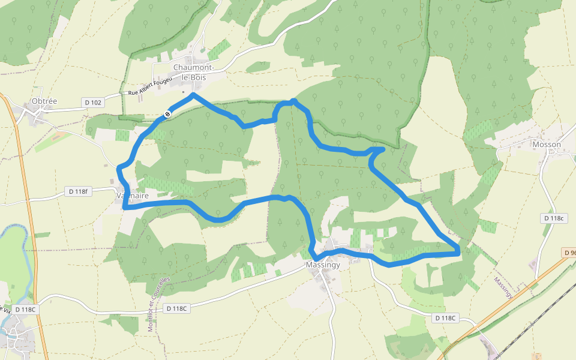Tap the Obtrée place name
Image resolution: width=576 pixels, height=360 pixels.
[44, 101]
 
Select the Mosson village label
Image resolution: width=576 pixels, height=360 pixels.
[547, 145]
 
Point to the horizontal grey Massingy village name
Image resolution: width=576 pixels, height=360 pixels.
[323, 265]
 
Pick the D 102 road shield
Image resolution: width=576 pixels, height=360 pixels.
[93, 103]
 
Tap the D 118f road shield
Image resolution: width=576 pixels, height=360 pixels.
[77, 191]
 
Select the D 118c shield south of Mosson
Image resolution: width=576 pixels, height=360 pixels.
[553, 218]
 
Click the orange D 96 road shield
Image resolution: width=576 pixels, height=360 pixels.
[570, 253]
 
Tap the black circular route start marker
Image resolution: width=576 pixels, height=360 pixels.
[167, 113]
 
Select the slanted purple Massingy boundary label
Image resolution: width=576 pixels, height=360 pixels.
[503, 286]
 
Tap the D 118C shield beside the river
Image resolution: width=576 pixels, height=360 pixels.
[26, 310]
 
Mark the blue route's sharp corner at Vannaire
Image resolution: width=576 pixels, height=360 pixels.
[124, 208]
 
